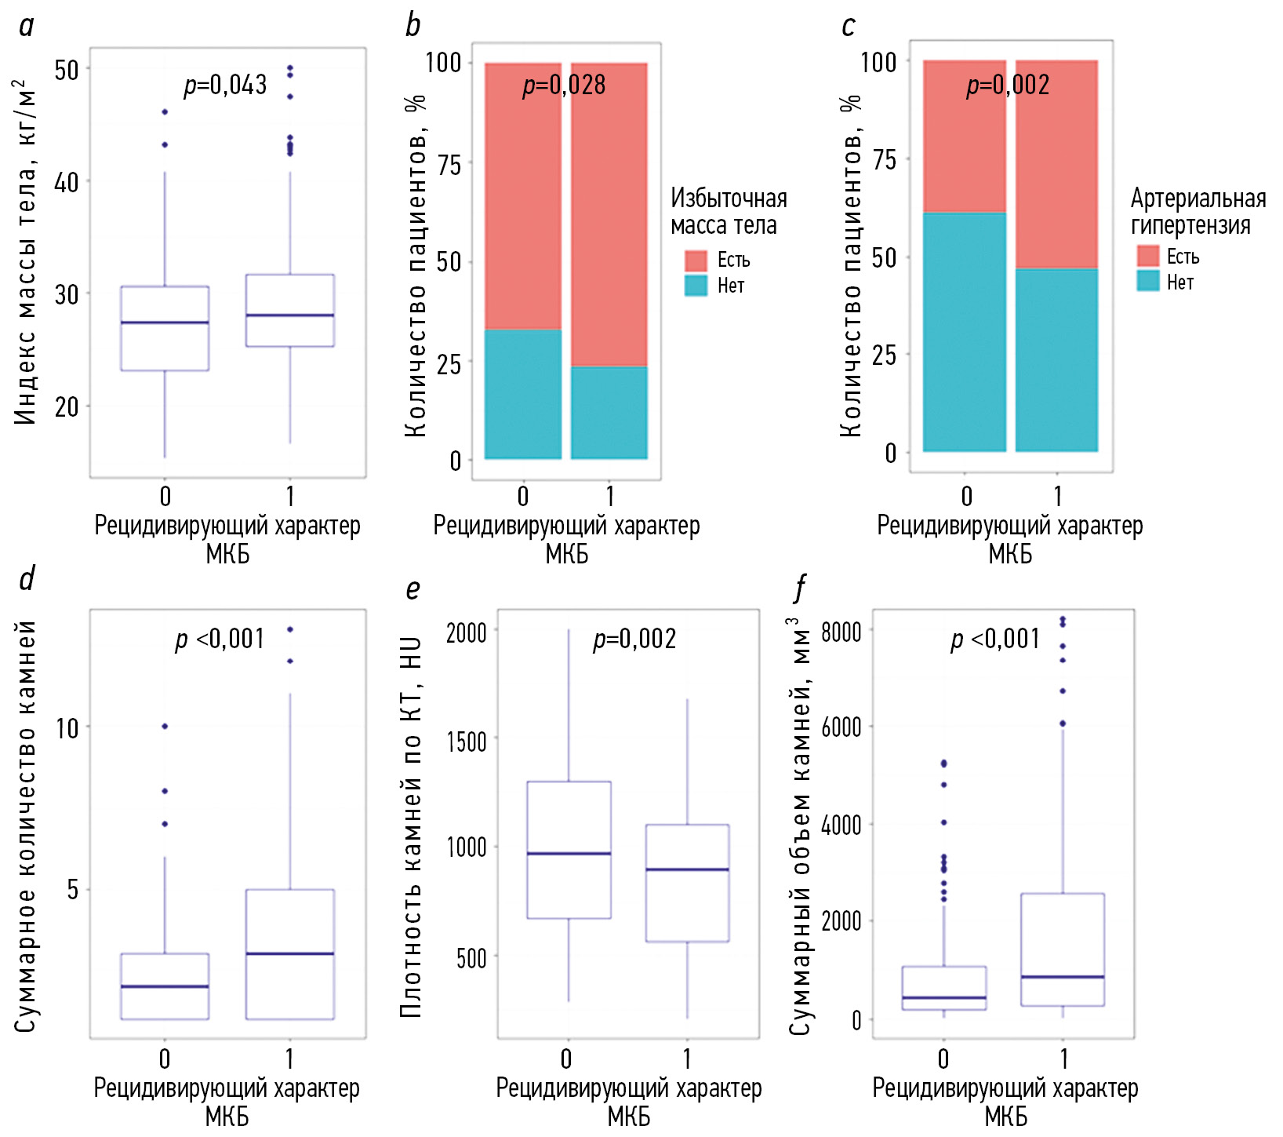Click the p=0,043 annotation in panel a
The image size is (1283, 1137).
click(225, 85)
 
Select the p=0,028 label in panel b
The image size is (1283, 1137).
click(564, 85)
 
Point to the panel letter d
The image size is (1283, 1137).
click(27, 579)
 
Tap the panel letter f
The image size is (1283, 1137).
click(800, 588)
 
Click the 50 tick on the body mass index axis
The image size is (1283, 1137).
click(67, 70)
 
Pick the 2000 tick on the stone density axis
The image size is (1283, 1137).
click(466, 632)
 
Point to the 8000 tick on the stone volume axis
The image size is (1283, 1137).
click(841, 631)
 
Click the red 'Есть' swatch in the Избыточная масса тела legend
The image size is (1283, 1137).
click(696, 261)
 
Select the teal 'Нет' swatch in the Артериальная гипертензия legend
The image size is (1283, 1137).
click(1147, 281)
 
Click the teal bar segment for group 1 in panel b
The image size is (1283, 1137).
click(609, 413)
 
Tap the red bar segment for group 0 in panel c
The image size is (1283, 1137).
click(964, 137)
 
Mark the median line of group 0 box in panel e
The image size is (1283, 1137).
click(569, 853)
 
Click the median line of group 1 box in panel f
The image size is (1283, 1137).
click(1063, 977)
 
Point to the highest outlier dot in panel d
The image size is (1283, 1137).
click(290, 629)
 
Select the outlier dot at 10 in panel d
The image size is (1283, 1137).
click(165, 727)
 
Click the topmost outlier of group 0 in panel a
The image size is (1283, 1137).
click(165, 112)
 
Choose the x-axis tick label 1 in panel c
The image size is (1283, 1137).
click(1057, 496)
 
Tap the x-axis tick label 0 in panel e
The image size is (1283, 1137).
click(566, 1059)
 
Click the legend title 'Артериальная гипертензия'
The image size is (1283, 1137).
click(1198, 212)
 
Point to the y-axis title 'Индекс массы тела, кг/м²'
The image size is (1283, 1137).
click(25, 251)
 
